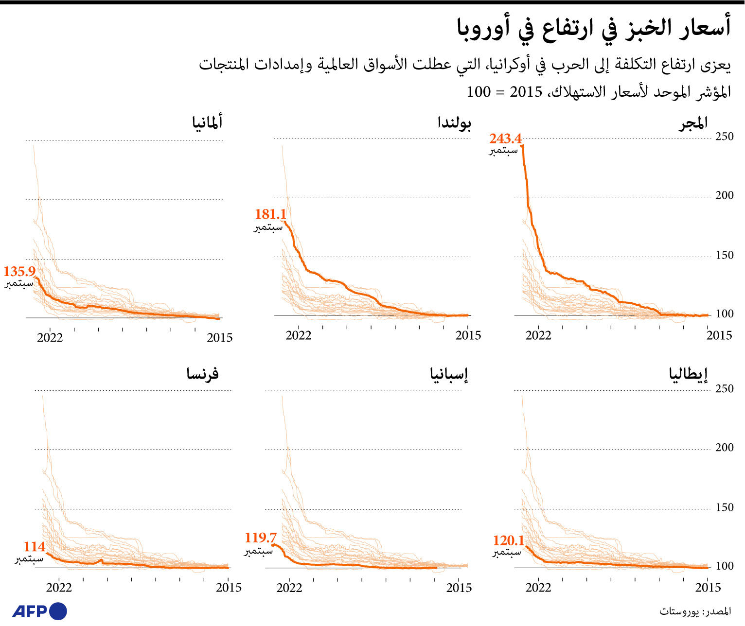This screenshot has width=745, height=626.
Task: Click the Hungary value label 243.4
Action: [505, 139]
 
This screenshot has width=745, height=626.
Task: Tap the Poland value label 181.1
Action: [270, 214]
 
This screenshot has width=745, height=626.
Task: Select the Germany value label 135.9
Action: [19, 272]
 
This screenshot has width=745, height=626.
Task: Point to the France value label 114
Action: [35, 547]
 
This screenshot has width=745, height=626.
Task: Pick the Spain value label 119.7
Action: [261, 538]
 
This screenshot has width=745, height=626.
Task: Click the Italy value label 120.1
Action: [509, 540]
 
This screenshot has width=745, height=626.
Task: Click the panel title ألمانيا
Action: [207, 122]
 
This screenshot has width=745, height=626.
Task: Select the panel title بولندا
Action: [454, 122]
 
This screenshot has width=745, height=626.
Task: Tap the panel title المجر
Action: [693, 123]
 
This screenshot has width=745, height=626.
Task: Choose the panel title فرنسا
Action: [203, 374]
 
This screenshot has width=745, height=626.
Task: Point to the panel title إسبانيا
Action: [449, 374]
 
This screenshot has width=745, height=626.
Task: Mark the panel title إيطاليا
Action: [688, 374]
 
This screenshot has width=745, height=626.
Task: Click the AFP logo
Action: [39, 611]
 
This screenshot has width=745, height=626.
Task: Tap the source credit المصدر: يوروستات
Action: [695, 611]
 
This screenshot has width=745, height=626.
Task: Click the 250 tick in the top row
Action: [724, 137]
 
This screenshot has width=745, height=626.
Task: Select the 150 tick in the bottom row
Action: [724, 507]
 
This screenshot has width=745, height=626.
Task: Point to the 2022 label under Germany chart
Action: [50, 338]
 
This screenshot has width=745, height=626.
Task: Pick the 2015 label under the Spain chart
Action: [459, 588]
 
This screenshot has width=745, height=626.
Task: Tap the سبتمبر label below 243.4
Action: [503, 151]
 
